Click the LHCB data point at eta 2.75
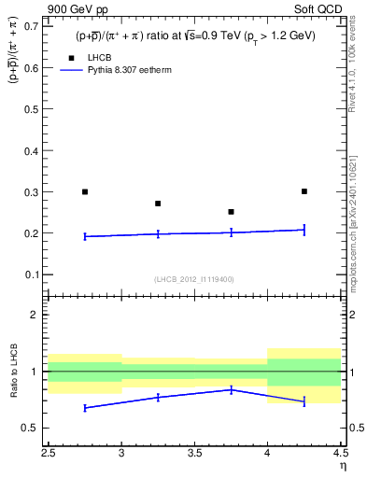point(85,191)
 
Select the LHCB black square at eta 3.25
point(158,204)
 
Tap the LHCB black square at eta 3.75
point(231,212)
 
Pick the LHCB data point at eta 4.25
point(304,191)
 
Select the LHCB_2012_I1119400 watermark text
point(194,279)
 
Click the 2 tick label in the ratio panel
point(34,315)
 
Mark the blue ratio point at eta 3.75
point(231,389)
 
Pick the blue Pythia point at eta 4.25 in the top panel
point(304,230)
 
